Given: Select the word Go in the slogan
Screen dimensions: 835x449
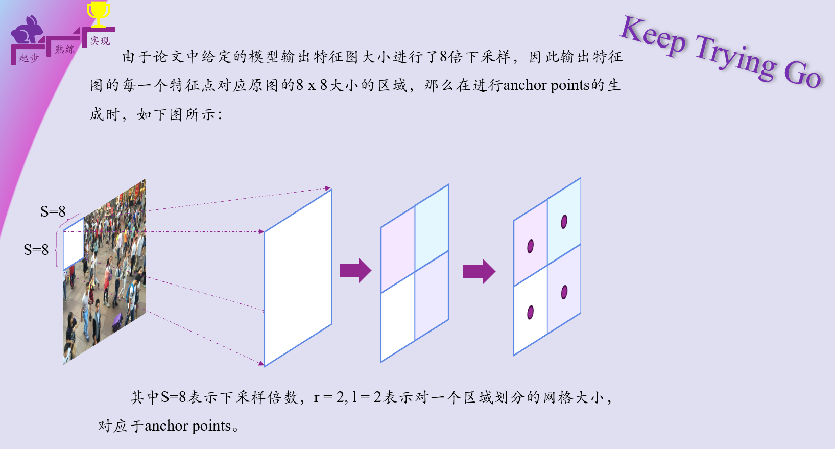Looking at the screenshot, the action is pos(802,74).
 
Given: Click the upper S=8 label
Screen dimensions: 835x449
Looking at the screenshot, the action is pos(53,211).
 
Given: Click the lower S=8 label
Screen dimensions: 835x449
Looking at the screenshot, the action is pos(36,250).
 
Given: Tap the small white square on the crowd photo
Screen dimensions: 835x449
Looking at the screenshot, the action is pos(74,244).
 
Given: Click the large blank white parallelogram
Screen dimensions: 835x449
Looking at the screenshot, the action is pos(298,277).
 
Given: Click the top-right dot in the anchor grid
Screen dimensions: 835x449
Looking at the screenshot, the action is pos(564,222).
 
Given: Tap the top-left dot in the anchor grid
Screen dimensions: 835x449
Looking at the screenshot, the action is pos(530,246).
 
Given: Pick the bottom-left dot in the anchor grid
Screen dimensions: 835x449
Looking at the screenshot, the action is pos(530,312).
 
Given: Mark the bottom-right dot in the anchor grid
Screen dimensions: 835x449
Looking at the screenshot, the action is pos(564,292).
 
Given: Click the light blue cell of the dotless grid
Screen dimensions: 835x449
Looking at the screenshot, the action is pos(432,227).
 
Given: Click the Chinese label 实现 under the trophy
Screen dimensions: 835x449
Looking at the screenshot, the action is pos(100,41).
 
